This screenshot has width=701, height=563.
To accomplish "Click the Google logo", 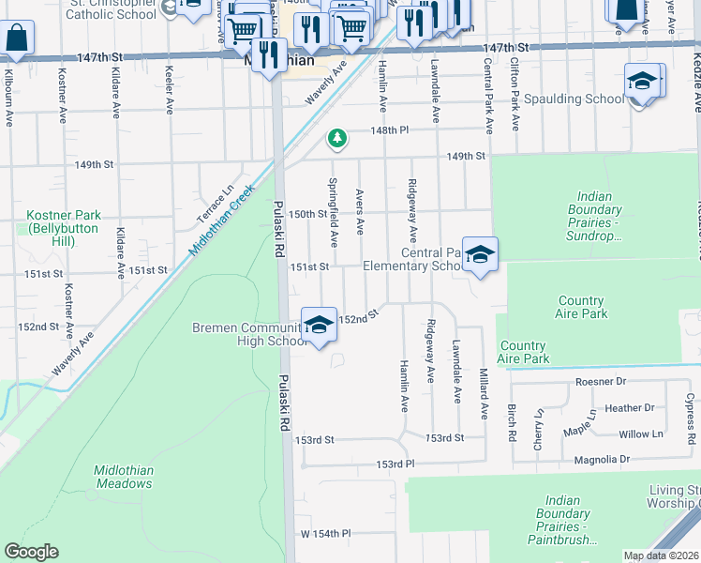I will (x=31, y=552).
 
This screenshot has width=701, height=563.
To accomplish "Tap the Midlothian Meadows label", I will (x=123, y=477).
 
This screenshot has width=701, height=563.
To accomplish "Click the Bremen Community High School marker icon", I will (x=319, y=325).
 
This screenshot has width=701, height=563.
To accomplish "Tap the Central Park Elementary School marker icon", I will (x=479, y=254).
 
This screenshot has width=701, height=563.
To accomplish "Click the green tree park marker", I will (x=336, y=140).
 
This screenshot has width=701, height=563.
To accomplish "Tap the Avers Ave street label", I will (x=360, y=211).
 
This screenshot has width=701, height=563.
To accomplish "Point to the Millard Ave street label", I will (x=485, y=393).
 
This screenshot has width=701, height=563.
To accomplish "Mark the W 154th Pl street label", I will (x=325, y=533).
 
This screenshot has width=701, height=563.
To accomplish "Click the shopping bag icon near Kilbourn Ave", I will (x=17, y=38).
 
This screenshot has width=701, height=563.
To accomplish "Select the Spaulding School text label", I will (x=574, y=99).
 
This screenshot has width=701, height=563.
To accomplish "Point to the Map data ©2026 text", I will (x=661, y=555).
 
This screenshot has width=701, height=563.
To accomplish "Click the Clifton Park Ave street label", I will (x=514, y=90).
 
